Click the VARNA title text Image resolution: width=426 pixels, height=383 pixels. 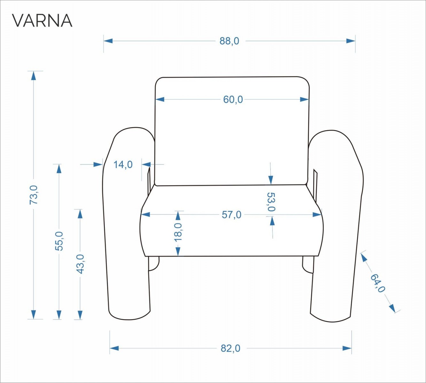coord(42,21)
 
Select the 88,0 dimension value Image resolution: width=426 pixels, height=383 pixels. coord(229,41)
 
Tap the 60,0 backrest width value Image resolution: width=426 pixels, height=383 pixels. coord(233,100)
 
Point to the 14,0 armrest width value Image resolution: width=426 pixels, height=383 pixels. coord(123,165)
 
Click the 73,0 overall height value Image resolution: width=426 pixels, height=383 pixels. coord(34,195)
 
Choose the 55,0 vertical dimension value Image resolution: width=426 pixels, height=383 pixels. coord(59,241)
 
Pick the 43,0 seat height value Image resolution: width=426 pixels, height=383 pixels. coord(80,264)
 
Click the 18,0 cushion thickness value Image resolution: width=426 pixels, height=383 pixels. coord(178,232)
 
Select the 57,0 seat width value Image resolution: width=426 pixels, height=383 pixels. coord(231,215)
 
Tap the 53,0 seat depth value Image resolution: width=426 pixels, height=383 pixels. coord(271,202)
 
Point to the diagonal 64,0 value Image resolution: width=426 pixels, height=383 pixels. coord(378,283)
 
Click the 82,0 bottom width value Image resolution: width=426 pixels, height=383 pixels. coord(230,348)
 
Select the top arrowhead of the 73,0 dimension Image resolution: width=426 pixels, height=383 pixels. coord(33,75)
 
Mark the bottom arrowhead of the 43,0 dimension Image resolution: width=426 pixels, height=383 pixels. coord(80,315)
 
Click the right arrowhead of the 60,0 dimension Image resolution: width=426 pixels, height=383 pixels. coord(305,100)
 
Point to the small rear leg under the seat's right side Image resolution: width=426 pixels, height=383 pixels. coord(307,265)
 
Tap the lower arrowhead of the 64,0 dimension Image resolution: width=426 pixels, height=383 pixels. coord(392,308)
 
